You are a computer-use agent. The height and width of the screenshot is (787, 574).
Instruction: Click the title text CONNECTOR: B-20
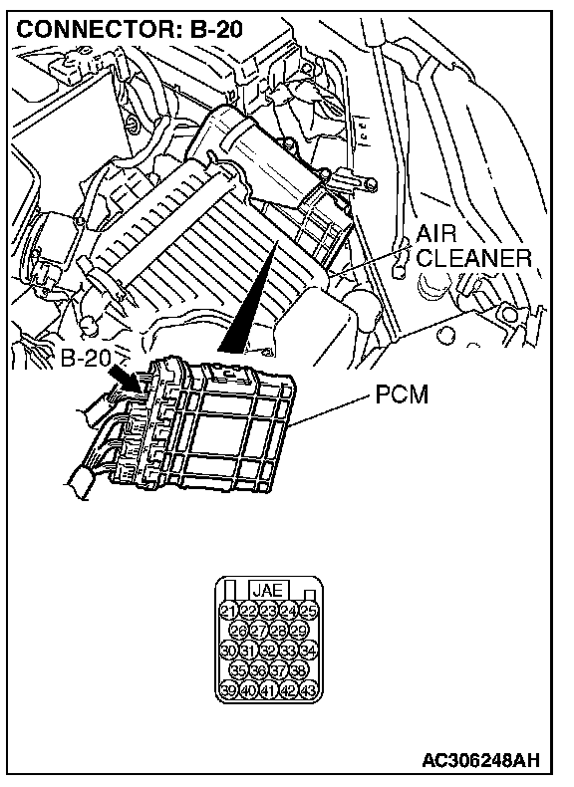point(130,30)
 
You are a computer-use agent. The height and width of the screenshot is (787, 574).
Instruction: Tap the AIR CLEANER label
point(473,246)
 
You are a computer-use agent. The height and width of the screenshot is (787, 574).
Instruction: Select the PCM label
point(402,395)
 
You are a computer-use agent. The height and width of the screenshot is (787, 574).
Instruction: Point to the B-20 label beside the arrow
point(86,358)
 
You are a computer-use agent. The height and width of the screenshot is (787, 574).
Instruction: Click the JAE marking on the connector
point(268,590)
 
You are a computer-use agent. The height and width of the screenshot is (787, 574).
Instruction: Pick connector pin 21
point(228,611)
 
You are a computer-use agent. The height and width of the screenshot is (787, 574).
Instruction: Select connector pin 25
point(309,611)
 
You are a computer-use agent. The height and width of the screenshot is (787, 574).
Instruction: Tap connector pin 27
point(259,631)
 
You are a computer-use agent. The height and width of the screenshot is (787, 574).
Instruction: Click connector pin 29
point(299,631)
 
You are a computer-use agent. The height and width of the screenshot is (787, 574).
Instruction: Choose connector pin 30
point(228,651)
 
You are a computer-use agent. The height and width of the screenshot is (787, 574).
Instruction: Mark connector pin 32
point(269,651)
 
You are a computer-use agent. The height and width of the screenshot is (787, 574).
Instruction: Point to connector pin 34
point(309,651)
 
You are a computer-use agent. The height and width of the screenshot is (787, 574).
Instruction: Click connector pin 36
point(259,670)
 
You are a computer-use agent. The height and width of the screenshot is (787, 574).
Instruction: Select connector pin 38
point(299,670)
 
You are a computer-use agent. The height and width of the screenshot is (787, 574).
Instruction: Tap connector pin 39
point(228,690)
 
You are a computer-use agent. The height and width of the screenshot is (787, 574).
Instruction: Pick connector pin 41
point(269,690)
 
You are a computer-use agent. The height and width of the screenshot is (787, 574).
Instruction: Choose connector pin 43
point(309,690)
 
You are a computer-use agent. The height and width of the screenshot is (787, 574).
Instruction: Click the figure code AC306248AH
point(480,760)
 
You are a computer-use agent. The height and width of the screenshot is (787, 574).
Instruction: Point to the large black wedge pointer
point(247,297)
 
